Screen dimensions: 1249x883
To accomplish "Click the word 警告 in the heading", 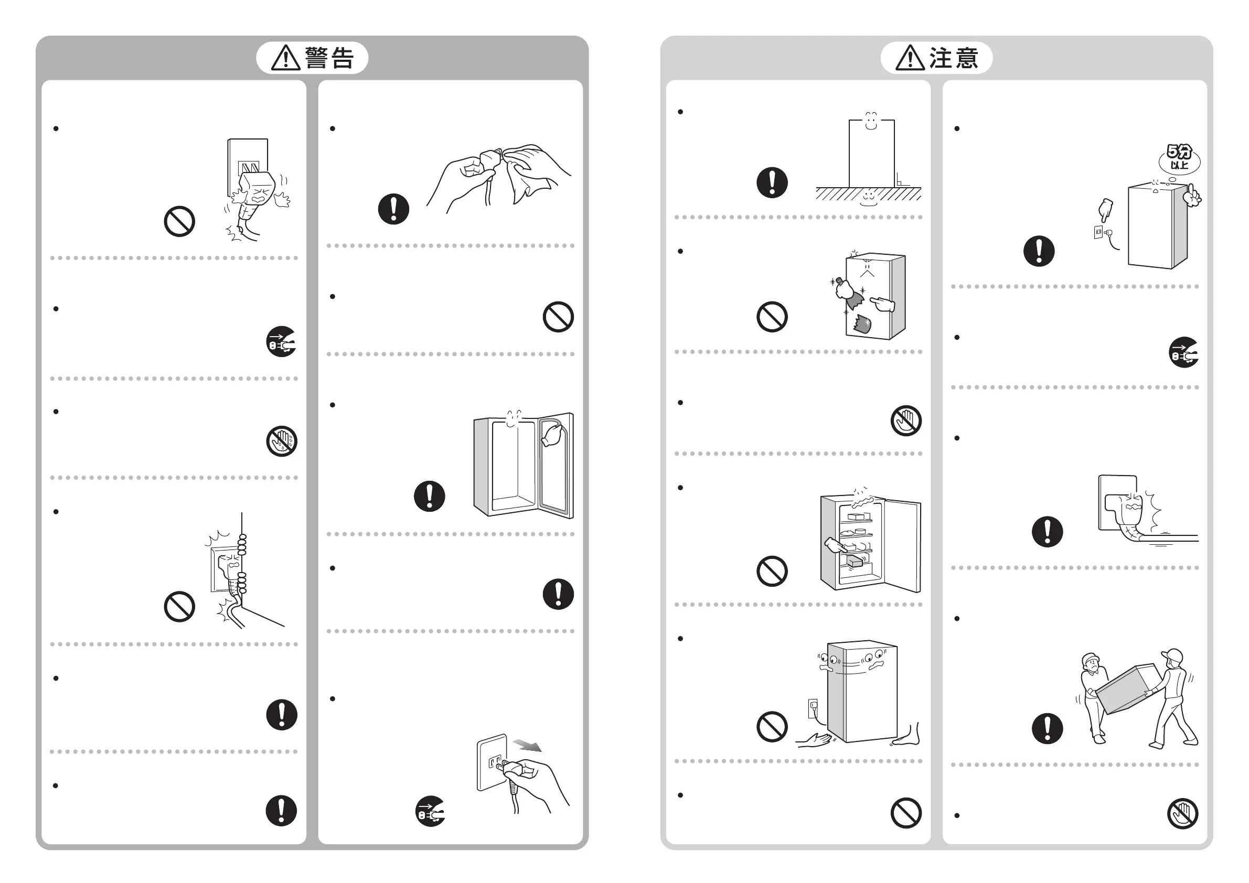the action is [x=329, y=58].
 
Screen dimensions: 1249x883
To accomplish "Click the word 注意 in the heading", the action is [x=954, y=58].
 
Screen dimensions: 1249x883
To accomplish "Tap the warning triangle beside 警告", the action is [x=285, y=59].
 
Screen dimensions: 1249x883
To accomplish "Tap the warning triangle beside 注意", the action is [x=910, y=59].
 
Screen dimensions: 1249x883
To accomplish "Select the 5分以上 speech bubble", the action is [x=1179, y=158].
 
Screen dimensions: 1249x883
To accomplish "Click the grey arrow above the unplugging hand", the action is [x=527, y=745].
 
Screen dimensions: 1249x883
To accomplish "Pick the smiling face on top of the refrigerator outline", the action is [x=871, y=121].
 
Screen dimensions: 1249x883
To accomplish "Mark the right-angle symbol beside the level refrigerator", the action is [x=901, y=180].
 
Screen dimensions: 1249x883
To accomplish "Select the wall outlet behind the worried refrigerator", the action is [x=813, y=708].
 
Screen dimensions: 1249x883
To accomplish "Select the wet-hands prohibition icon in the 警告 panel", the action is [x=282, y=441].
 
